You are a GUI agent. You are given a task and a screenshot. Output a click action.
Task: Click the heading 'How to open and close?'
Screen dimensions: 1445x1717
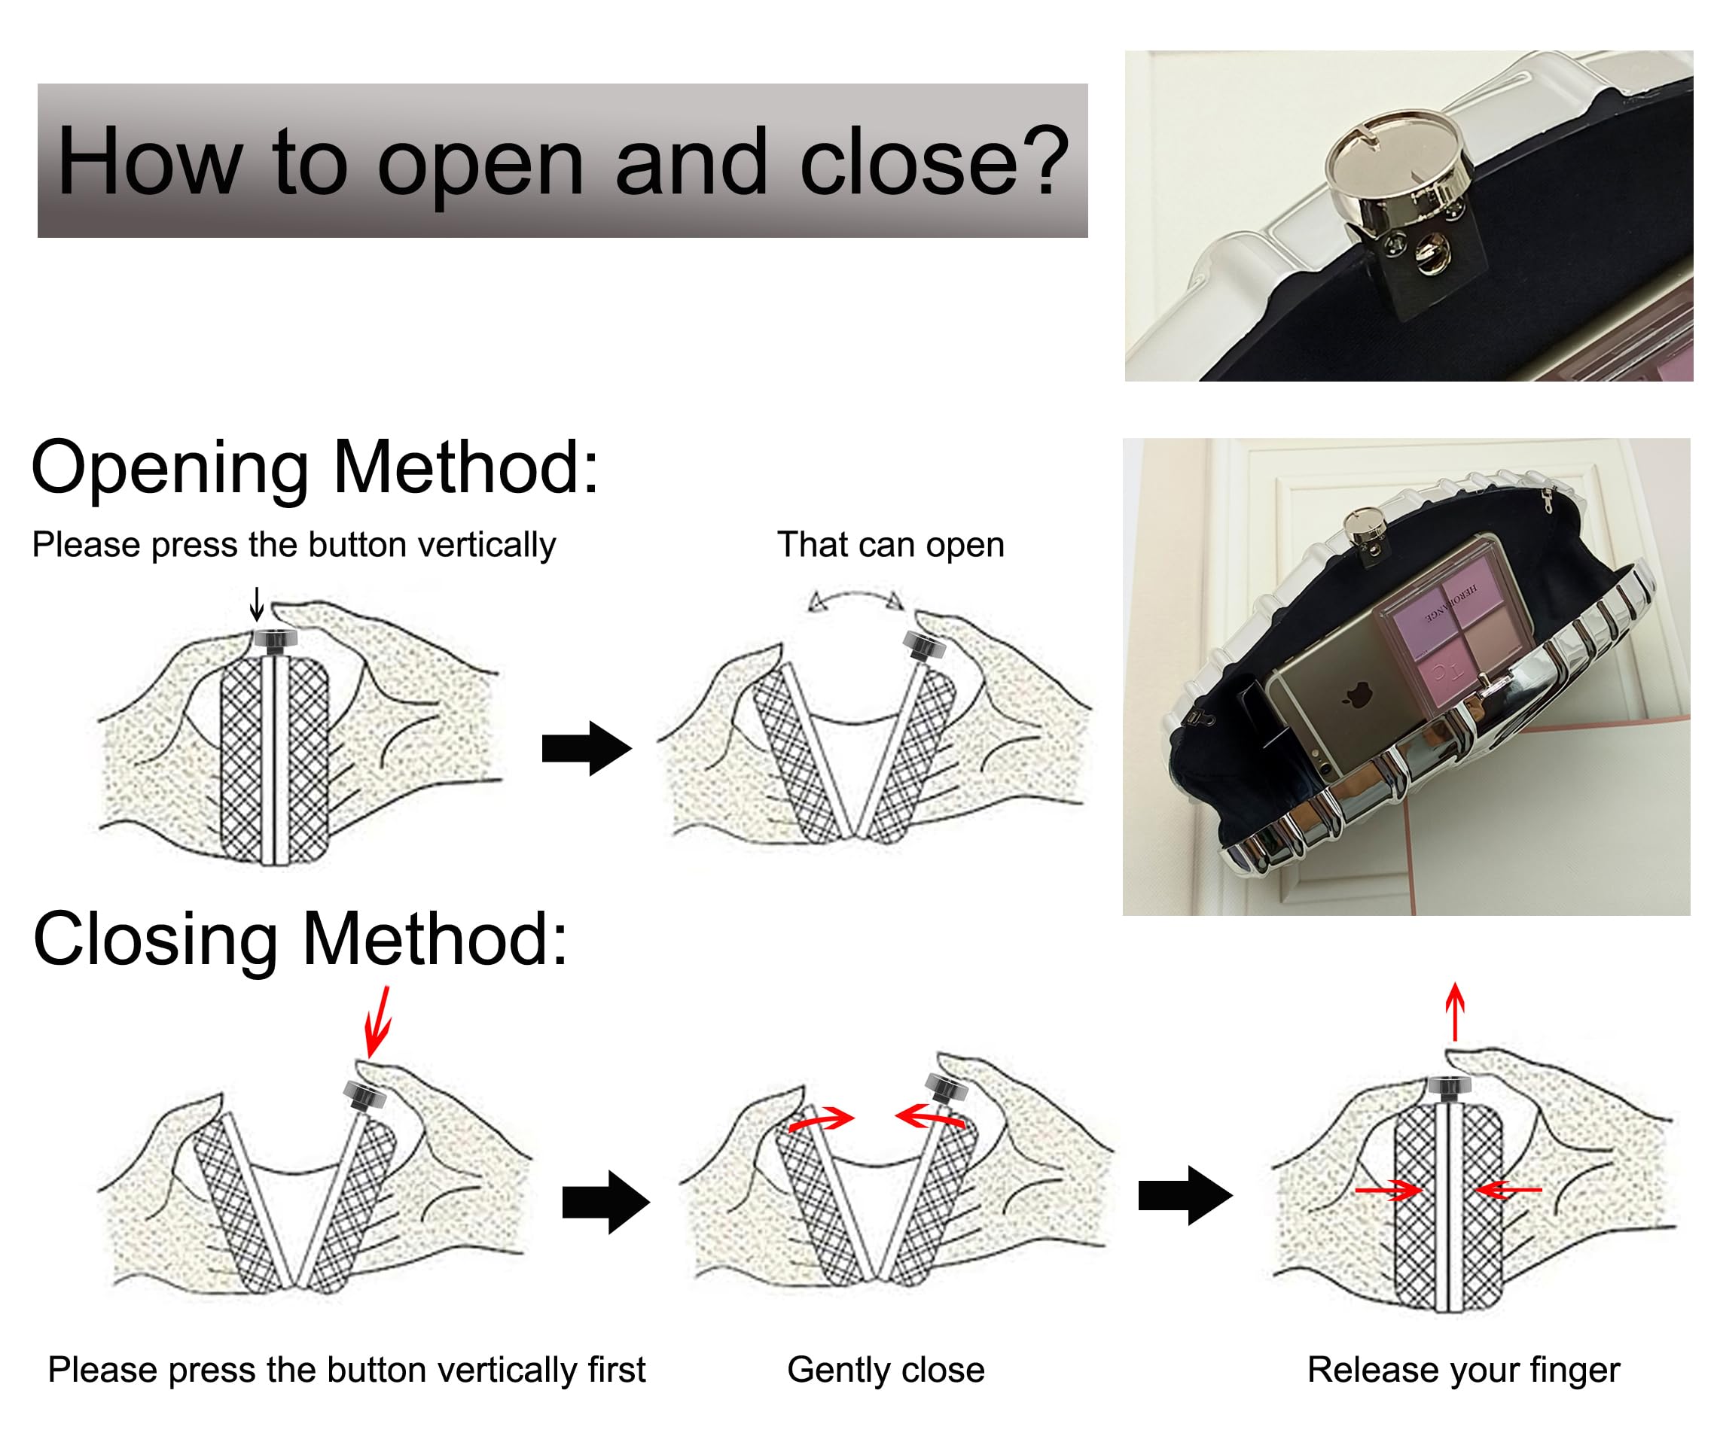(563, 160)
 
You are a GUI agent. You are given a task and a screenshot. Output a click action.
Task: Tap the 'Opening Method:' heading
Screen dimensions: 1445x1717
(316, 467)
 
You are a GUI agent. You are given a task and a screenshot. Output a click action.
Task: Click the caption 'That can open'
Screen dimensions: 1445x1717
(890, 545)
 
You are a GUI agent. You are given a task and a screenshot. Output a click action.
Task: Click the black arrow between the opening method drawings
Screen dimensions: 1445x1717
(586, 748)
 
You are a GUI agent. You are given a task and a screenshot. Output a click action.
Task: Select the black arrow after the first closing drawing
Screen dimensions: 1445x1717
(605, 1202)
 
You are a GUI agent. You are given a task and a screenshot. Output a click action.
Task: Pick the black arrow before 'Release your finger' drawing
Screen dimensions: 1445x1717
(1185, 1196)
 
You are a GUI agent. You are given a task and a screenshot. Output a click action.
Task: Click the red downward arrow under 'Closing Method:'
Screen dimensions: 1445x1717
(378, 1021)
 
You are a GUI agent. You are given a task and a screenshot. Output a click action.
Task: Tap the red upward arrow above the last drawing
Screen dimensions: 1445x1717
(1455, 1011)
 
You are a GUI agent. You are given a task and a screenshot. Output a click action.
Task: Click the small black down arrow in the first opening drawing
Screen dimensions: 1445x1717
(257, 604)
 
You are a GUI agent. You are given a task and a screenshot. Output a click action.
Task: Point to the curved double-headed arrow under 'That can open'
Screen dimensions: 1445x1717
(855, 601)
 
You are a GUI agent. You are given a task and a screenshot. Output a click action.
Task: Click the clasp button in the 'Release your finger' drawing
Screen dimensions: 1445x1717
(1449, 1087)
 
